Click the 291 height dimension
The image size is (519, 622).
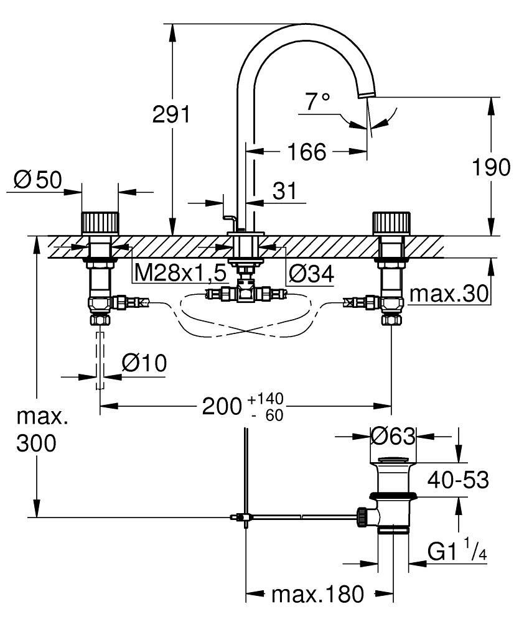[171, 114]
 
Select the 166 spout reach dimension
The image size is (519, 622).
[307, 152]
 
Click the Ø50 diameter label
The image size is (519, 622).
[38, 180]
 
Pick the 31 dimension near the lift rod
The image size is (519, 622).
[284, 191]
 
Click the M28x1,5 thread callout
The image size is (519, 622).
[180, 273]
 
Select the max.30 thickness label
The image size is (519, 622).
[449, 294]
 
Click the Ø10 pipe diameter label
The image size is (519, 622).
[144, 363]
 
